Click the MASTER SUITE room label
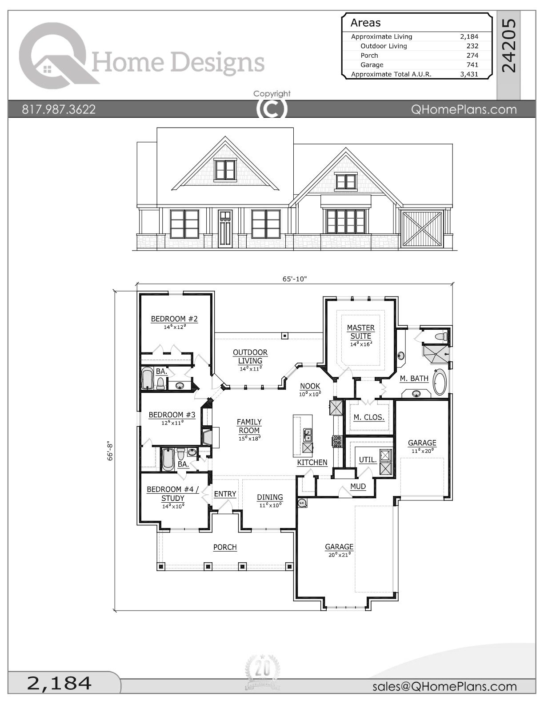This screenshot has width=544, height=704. point(360,332)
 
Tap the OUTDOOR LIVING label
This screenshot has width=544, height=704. point(250,357)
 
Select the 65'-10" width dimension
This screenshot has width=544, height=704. point(295,279)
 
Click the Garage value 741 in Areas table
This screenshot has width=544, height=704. point(472,65)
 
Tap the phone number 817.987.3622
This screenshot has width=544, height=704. point(59,109)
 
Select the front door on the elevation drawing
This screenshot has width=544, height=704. point(225,228)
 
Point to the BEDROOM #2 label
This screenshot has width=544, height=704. point(174,319)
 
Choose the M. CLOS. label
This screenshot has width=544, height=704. point(369,417)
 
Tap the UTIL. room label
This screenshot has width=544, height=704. point(367,460)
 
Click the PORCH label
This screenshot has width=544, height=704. point(225,547)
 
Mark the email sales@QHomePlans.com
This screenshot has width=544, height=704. point(444,687)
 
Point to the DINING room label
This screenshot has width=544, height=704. point(270,497)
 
